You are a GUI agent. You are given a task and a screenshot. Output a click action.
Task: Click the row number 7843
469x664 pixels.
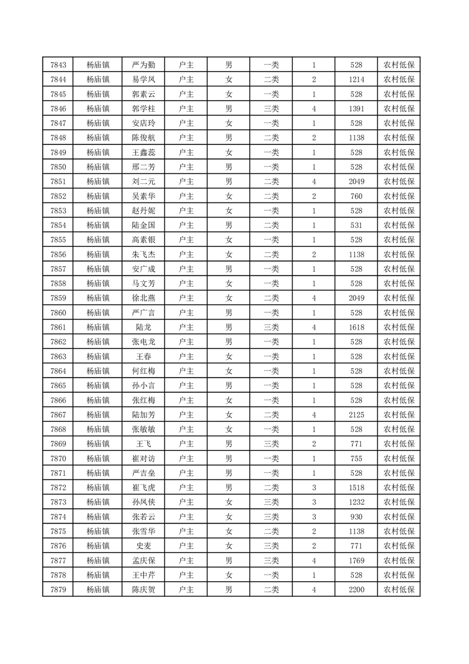tap(58, 65)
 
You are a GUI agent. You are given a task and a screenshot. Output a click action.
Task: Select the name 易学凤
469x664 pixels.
tap(143, 80)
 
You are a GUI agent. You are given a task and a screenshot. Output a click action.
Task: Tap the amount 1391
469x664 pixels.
tap(356, 109)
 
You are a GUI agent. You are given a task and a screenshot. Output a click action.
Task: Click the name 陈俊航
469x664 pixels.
tap(143, 138)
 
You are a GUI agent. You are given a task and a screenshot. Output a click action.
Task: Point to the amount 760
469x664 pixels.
tap(356, 196)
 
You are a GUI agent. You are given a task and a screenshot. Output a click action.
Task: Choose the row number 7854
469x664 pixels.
tap(58, 225)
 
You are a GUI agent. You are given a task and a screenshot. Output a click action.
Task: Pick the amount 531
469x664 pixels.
tap(356, 225)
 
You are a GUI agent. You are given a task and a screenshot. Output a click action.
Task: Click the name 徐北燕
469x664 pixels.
tap(143, 298)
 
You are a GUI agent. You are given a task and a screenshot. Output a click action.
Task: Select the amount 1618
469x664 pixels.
tap(356, 327)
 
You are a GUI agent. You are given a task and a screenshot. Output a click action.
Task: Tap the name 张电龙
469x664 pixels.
tap(143, 341)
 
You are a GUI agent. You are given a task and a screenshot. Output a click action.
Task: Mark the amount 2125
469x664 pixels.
tap(356, 414)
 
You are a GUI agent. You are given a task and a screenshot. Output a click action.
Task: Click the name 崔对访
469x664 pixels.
tap(143, 458)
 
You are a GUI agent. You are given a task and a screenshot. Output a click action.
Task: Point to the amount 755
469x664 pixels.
tap(356, 458)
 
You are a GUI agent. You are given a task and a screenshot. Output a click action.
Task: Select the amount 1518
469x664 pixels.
tap(356, 487)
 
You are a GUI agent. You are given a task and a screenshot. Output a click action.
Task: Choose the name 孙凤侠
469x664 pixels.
tap(143, 502)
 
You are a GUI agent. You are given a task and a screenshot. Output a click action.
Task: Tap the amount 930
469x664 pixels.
tap(356, 516)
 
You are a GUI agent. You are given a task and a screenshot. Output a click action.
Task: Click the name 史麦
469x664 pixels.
tap(143, 546)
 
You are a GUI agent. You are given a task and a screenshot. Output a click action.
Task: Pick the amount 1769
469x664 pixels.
tap(356, 560)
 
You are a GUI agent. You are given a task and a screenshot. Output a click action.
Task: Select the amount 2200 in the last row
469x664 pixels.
tap(356, 589)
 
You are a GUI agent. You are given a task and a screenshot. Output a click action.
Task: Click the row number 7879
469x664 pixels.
tap(58, 589)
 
